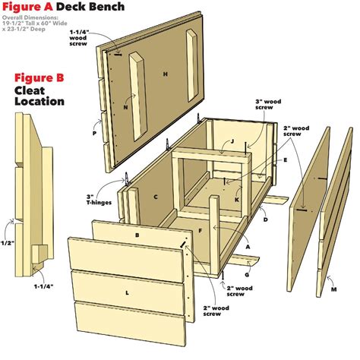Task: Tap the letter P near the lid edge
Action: tap(95, 131)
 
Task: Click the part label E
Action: tap(285, 161)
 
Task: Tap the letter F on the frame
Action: tap(201, 228)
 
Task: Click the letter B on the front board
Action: tap(137, 235)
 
